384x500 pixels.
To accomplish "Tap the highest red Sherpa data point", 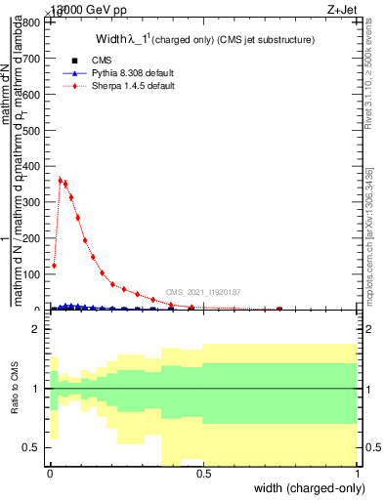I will pos(61,180).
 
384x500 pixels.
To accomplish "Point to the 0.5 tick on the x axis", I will pos(204,473).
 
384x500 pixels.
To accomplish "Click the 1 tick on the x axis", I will pos(358,473).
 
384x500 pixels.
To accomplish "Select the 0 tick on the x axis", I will pos(51,473).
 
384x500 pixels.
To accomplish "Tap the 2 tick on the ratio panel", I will pos(37,329).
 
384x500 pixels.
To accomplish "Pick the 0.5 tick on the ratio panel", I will pos(34,447).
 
